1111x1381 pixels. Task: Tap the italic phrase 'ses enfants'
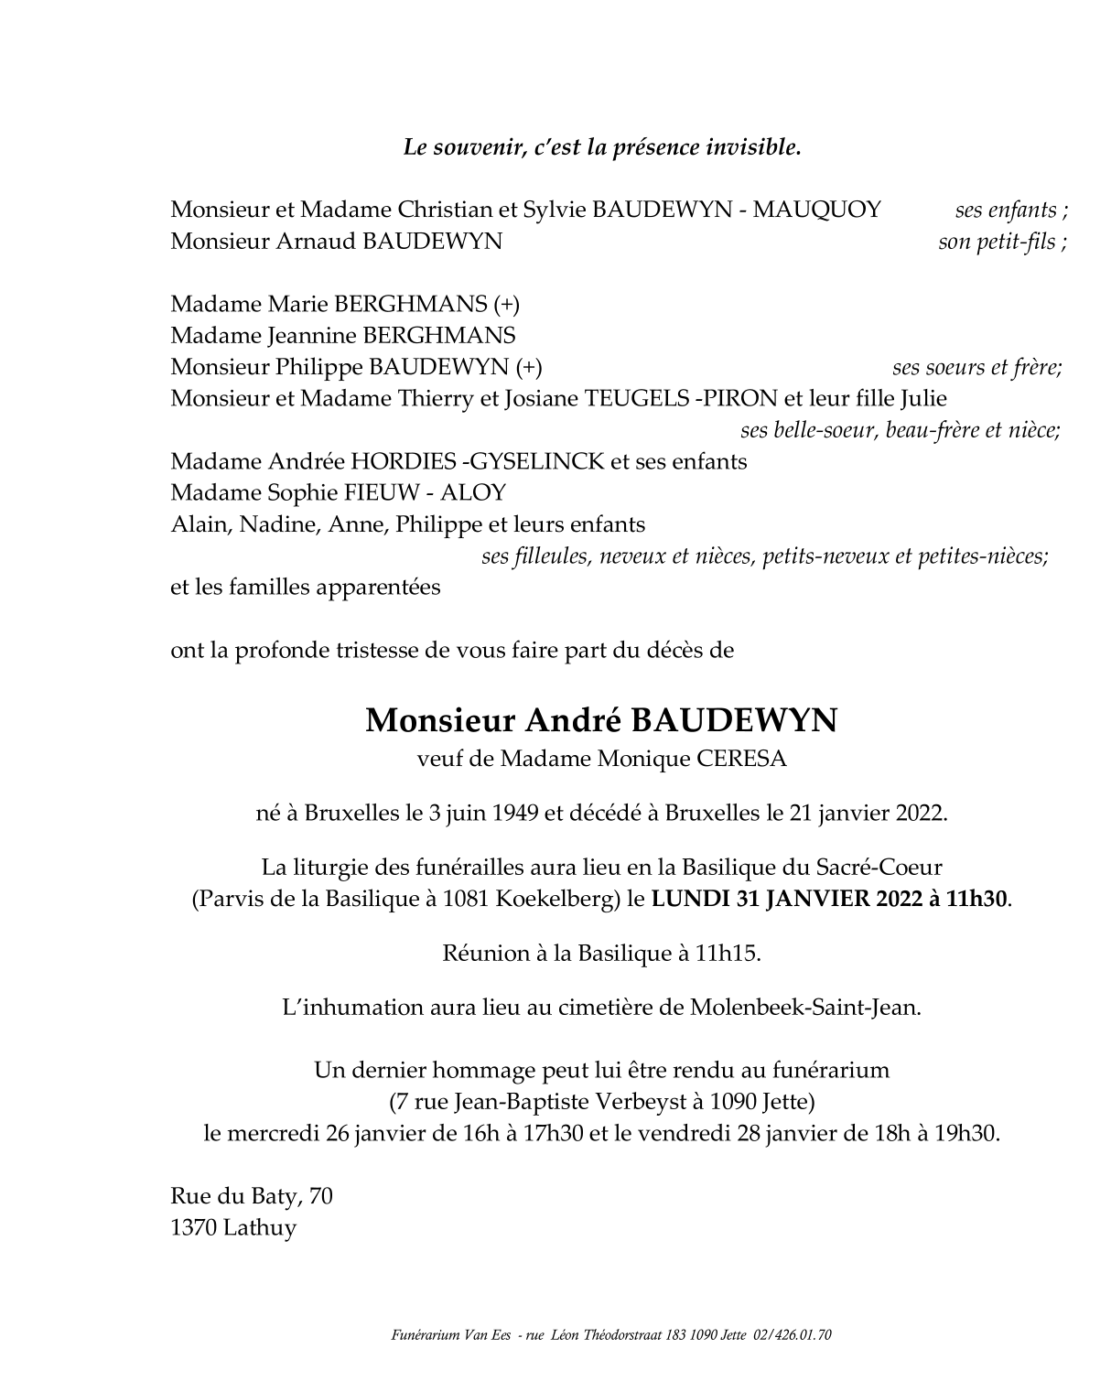(1006, 210)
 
